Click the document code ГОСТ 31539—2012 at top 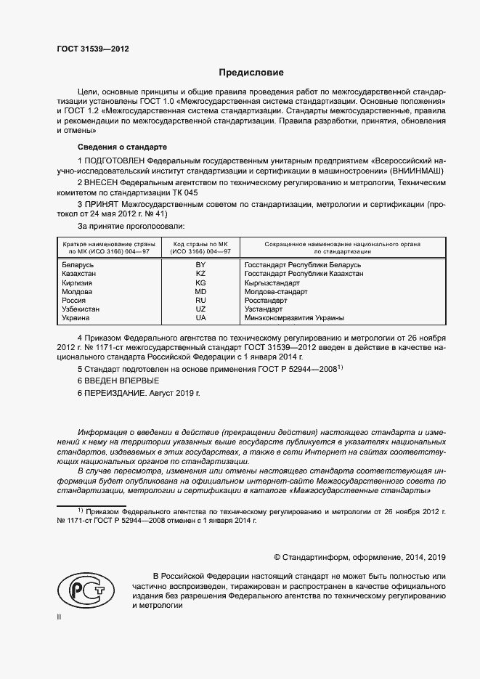(x=92, y=49)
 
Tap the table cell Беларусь (x=78, y=265)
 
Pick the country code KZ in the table (x=200, y=274)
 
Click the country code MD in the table (x=200, y=291)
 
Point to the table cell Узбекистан (x=81, y=309)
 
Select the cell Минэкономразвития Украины (x=294, y=318)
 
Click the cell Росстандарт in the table (x=267, y=300)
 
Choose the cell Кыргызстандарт (x=272, y=282)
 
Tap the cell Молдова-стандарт (x=276, y=291)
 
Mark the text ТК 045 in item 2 (x=182, y=193)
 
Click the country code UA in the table (x=200, y=318)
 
